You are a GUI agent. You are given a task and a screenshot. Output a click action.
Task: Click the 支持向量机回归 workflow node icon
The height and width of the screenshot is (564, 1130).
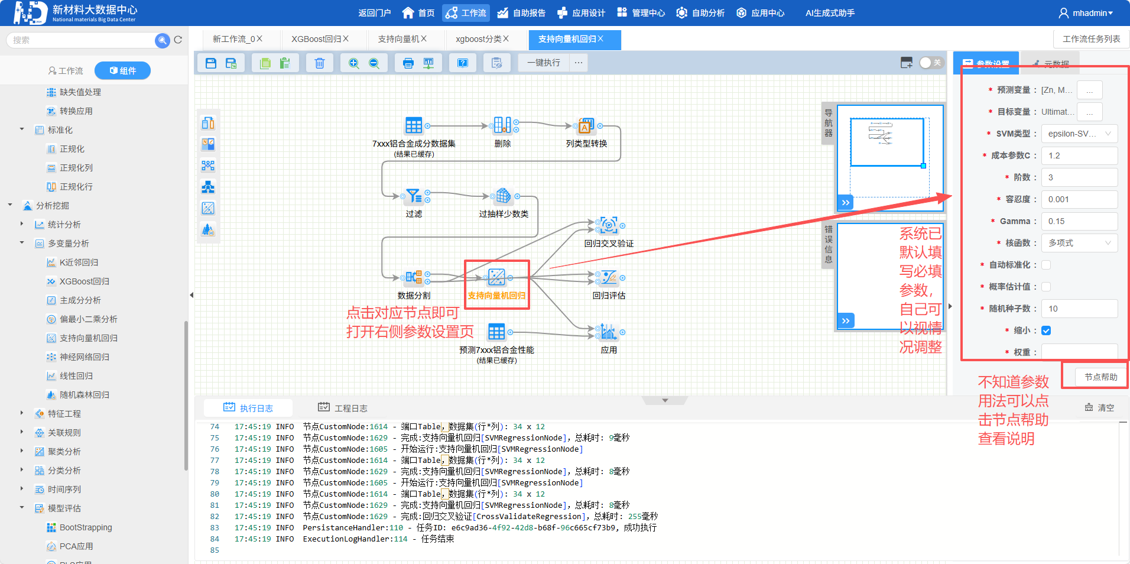pos(496,277)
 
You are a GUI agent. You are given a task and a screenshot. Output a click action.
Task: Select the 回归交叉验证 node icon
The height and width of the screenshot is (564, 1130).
pos(609,225)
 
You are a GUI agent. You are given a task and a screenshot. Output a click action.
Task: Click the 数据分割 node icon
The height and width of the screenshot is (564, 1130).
pos(414,277)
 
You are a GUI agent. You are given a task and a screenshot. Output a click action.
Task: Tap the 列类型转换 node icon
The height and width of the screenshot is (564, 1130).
pos(586,125)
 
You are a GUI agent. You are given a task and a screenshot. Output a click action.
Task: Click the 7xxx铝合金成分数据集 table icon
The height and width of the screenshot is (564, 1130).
pos(414,125)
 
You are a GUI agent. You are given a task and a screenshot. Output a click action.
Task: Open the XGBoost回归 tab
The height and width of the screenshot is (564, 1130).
pos(316,39)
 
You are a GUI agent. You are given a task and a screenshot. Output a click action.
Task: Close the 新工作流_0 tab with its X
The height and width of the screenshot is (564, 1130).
pos(259,39)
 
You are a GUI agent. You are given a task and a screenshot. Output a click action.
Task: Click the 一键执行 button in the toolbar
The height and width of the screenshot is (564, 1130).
pos(544,63)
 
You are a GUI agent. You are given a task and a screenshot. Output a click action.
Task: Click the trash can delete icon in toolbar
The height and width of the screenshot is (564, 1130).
pos(319,63)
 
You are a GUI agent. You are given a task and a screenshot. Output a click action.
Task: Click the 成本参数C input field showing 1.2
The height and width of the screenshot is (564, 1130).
pos(1079,155)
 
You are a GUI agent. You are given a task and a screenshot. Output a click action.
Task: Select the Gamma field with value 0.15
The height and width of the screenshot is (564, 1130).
pos(1079,221)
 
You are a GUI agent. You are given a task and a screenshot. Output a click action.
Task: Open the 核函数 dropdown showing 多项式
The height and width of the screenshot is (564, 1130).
pos(1079,243)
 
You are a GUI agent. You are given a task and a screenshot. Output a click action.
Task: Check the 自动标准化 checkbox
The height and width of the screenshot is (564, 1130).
pos(1046,265)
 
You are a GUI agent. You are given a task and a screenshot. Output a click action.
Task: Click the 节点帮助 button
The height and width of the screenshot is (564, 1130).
pos(1100,377)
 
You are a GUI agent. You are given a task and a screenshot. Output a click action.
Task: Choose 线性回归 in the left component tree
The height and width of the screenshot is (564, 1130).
pos(76,376)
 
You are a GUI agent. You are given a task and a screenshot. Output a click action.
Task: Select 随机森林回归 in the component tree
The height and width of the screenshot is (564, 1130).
pos(84,395)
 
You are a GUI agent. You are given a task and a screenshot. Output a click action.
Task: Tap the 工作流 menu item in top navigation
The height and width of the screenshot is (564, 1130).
pos(466,13)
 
